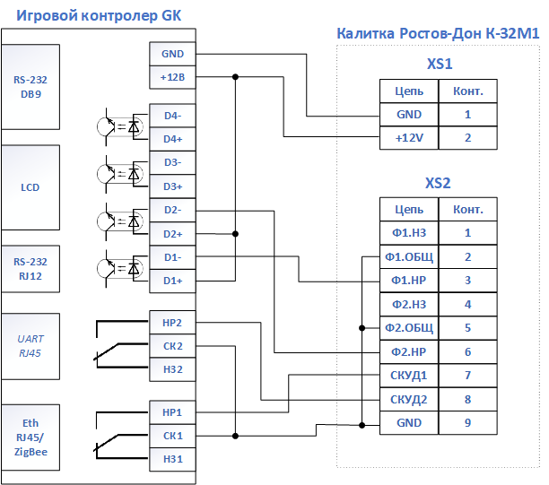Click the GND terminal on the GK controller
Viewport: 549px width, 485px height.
click(172, 54)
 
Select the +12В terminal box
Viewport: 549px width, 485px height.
click(172, 77)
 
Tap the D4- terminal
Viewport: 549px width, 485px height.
click(172, 116)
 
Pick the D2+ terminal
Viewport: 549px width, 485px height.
click(172, 234)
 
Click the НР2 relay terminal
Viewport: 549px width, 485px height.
click(172, 323)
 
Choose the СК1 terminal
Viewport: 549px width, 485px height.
click(172, 436)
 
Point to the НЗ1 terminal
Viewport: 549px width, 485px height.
click(172, 459)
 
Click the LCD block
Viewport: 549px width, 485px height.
click(30, 187)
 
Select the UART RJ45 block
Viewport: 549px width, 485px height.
click(30, 346)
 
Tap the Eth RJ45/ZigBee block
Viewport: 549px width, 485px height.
click(30, 437)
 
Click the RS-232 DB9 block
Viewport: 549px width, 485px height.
click(30, 87)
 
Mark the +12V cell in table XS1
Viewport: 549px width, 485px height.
click(409, 138)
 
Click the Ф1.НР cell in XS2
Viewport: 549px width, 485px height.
click(409, 281)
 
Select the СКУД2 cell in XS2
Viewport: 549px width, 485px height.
click(409, 399)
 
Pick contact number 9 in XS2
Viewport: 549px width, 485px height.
click(467, 423)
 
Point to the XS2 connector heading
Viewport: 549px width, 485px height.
click(438, 183)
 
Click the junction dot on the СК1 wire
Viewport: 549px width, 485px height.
click(235, 436)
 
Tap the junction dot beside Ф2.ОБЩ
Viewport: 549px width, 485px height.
click(362, 328)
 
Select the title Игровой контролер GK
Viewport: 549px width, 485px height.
click(99, 15)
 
